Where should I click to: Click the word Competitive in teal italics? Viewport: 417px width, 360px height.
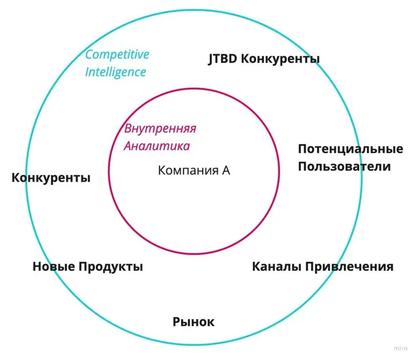tap(117, 55)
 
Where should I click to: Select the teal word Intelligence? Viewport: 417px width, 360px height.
tap(115, 72)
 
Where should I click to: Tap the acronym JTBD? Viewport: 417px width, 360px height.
tap(222, 59)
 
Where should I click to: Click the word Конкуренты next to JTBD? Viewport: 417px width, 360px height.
tap(280, 59)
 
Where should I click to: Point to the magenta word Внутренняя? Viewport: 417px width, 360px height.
tap(160, 129)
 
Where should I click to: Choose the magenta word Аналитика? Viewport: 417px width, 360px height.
tap(156, 146)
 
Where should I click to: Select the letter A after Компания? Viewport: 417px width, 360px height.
tap(226, 171)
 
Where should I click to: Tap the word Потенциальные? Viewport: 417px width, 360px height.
tap(351, 149)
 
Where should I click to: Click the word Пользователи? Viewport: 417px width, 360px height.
tap(345, 167)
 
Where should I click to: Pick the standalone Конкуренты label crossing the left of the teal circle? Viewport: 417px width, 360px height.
tap(51, 178)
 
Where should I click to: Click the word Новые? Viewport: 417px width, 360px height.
tap(53, 266)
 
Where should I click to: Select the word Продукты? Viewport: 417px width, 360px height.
tap(111, 267)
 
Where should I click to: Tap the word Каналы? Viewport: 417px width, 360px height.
tap(276, 266)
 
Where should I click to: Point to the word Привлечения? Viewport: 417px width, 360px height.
tap(349, 267)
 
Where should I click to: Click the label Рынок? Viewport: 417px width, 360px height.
tap(194, 322)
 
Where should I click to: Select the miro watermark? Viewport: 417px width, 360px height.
tap(401, 348)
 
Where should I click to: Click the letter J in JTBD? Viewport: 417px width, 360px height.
tap(210, 59)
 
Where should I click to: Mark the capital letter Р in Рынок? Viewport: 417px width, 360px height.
tap(177, 322)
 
